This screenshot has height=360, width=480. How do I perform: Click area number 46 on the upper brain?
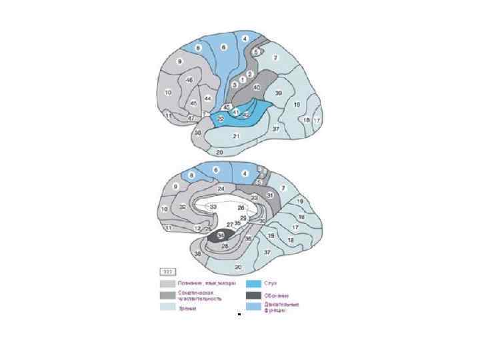189,80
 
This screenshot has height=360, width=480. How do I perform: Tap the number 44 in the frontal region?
208,99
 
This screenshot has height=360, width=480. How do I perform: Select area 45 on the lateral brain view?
193,103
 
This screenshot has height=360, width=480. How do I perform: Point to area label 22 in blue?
221,119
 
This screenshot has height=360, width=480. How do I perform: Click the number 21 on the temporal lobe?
235,136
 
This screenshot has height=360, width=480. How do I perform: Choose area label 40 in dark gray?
257,87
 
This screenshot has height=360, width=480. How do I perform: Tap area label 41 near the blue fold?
236,111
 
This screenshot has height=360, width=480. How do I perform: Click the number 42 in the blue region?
246,115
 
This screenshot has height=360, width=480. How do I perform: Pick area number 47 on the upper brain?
191,118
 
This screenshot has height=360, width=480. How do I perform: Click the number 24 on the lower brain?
221,189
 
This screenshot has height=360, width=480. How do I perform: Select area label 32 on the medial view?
183,207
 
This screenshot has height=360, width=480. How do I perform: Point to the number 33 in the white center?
213,207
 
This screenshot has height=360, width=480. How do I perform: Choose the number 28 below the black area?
225,247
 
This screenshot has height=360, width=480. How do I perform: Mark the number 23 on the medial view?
254,198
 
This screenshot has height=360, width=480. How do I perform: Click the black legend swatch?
254,295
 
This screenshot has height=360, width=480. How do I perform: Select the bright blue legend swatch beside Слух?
254,283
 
